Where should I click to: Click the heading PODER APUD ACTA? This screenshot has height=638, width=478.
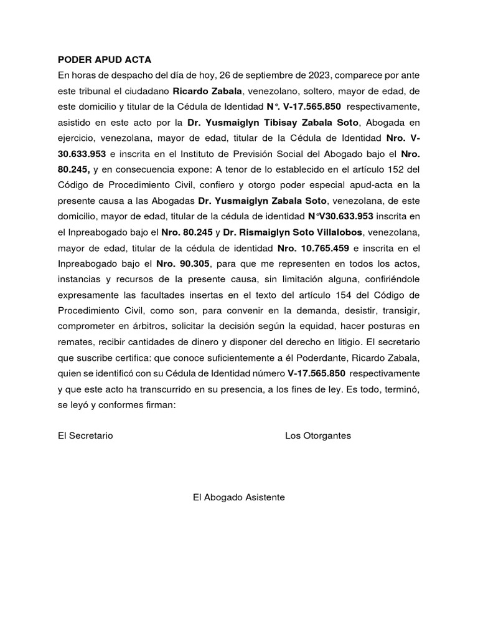tap(105, 60)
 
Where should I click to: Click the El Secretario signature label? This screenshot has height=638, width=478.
tap(85, 436)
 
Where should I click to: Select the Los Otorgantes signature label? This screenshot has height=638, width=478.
tap(317, 436)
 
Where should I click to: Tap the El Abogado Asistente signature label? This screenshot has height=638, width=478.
tap(239, 497)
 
